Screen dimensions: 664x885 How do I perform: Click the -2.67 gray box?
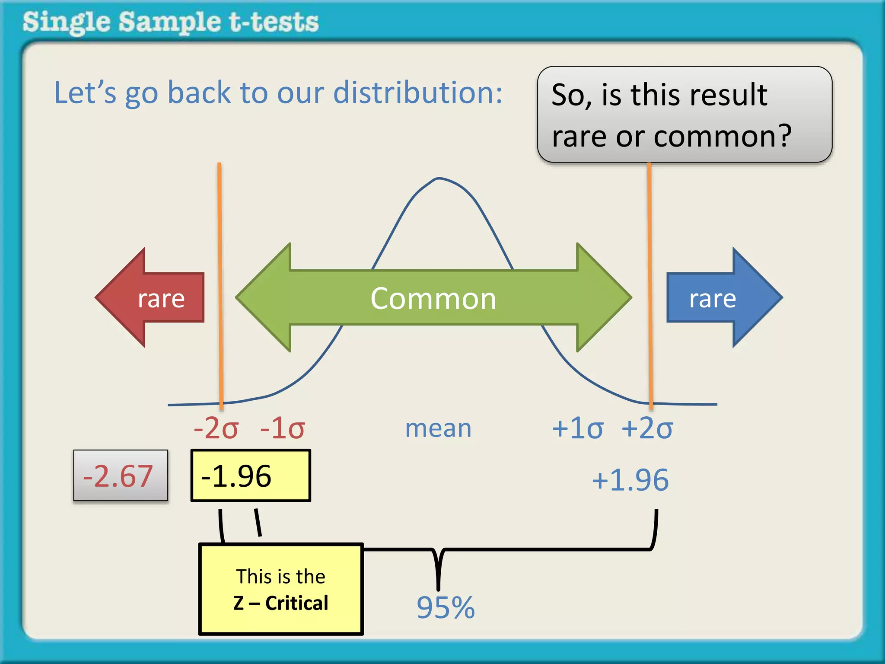pyautogui.click(x=120, y=476)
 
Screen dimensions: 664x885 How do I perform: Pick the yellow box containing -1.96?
pyautogui.click(x=251, y=476)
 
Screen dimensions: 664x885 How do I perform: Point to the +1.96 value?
pyautogui.click(x=630, y=480)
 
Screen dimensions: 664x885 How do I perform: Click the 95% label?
pyautogui.click(x=446, y=607)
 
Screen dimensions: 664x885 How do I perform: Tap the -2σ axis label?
pyautogui.click(x=216, y=428)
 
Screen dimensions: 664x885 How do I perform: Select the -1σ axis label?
pyautogui.click(x=282, y=428)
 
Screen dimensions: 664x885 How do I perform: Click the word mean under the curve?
pyautogui.click(x=438, y=429)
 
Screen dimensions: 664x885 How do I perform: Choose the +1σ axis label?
pyautogui.click(x=577, y=428)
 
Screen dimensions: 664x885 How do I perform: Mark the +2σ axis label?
pyautogui.click(x=647, y=428)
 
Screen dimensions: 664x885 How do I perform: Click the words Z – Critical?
pyautogui.click(x=281, y=603)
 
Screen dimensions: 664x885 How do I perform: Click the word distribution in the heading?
pyautogui.click(x=418, y=93)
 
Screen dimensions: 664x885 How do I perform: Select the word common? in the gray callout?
pyautogui.click(x=723, y=136)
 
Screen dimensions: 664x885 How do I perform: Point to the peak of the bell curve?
pyautogui.click(x=439, y=178)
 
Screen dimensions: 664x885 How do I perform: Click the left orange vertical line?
pyautogui.click(x=220, y=281)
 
